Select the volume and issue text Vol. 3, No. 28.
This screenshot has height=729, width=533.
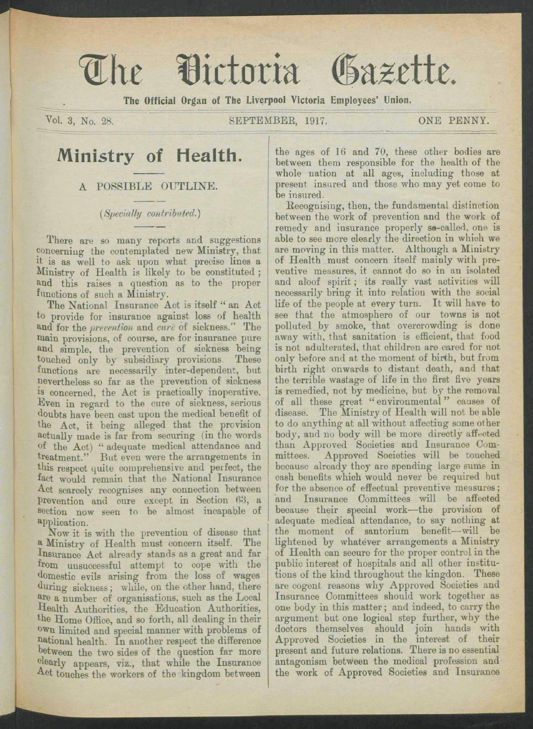tap(79, 122)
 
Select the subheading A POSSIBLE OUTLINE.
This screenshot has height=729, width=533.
tap(147, 186)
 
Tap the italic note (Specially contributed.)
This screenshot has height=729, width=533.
tap(148, 212)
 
